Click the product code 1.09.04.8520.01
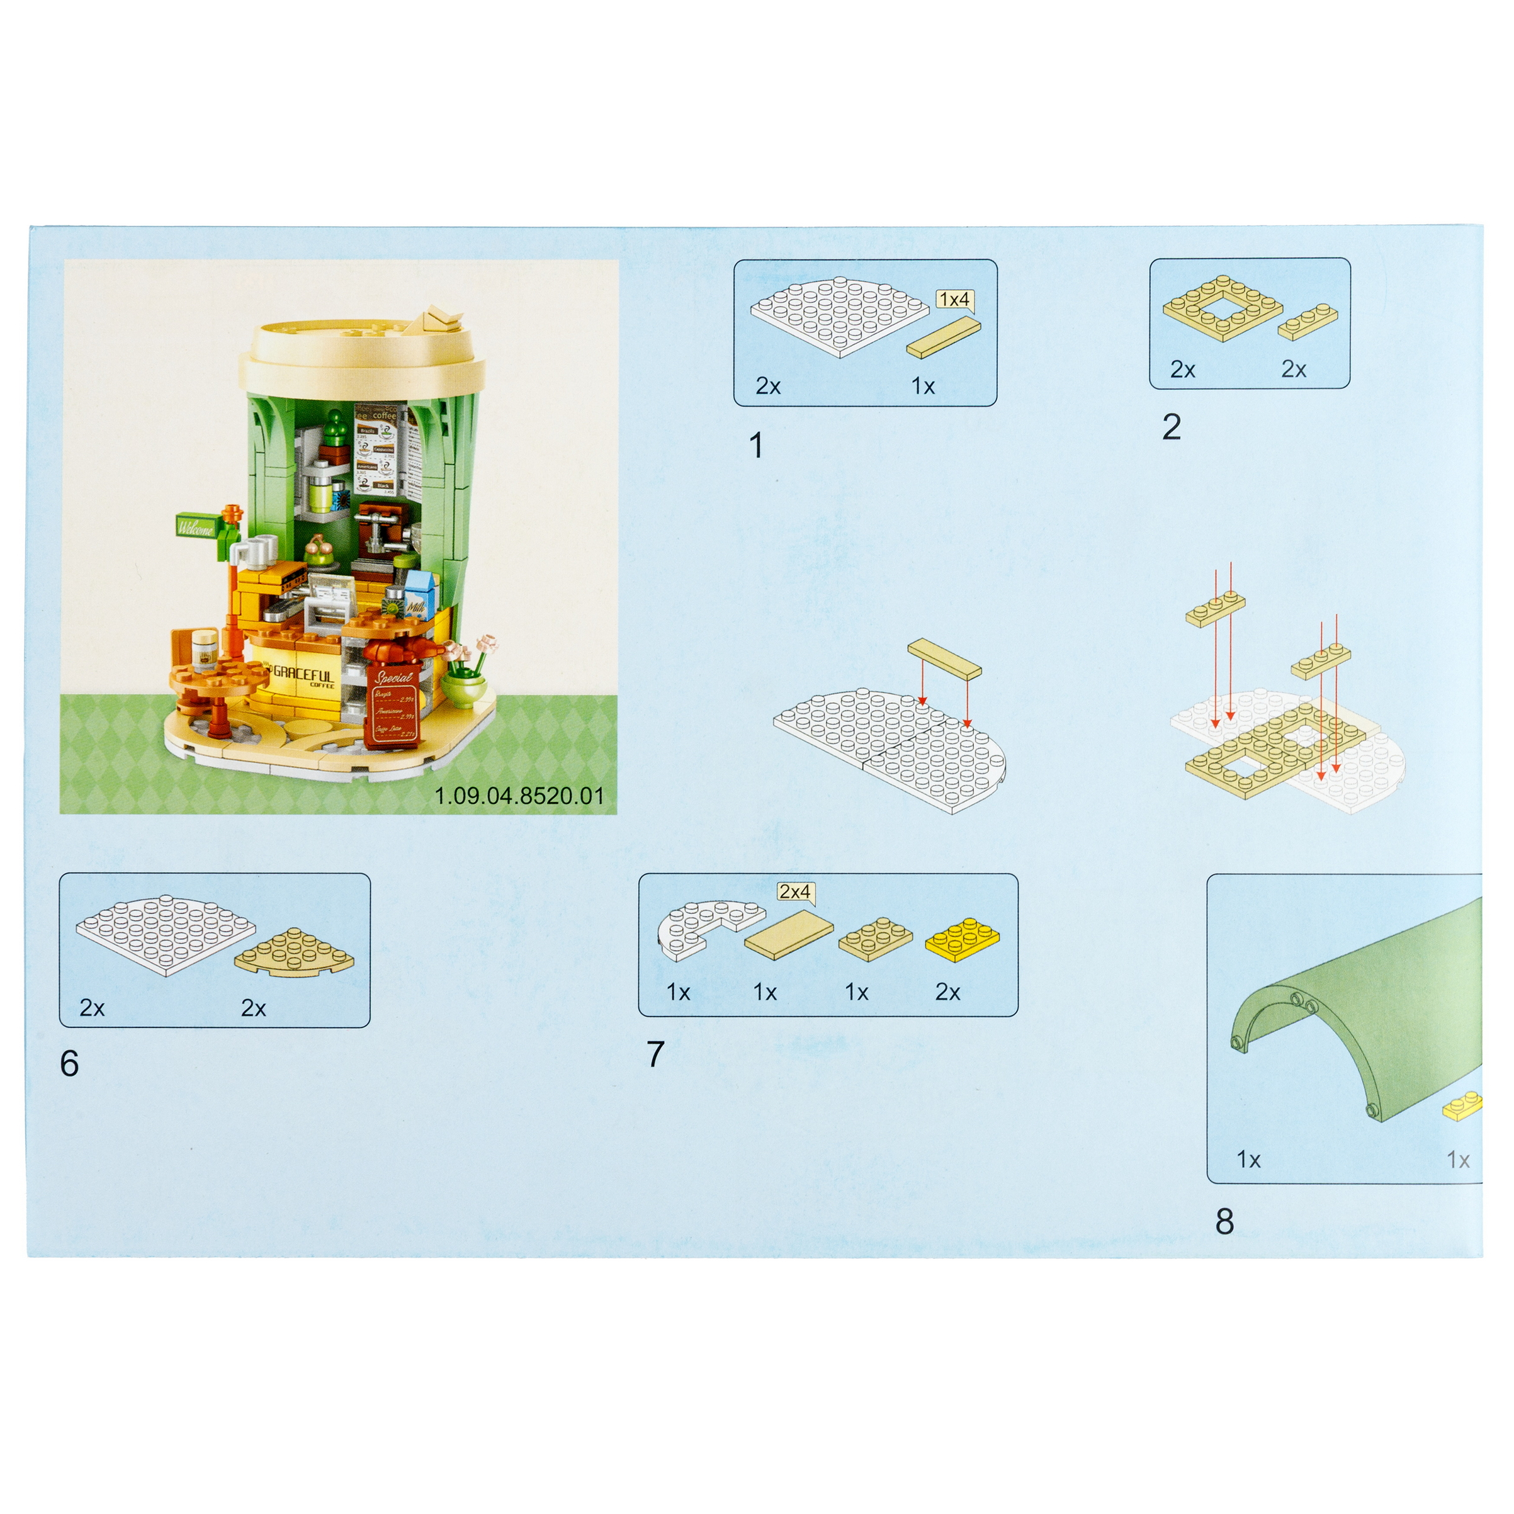519,796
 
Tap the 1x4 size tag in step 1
954,300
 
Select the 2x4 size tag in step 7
794,892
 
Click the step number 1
756,446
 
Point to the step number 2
1172,427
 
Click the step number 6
69,1064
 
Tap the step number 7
655,1055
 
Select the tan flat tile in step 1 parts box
944,338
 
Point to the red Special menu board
394,705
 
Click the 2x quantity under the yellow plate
947,992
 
